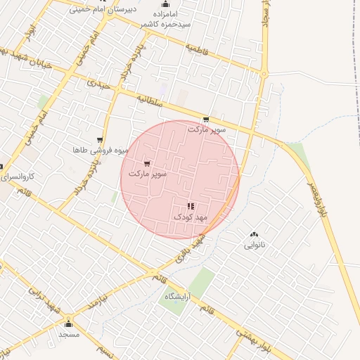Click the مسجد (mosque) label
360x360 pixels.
69,334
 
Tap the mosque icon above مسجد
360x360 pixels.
68,323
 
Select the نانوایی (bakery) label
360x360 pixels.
255,245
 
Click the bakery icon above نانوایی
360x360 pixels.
254,234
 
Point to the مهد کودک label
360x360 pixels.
191,217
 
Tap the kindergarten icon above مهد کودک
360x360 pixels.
191,206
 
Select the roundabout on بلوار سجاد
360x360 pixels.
264,73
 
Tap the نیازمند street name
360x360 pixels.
95,304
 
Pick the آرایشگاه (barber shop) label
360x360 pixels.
180,297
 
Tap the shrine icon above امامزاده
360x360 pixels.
165,5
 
